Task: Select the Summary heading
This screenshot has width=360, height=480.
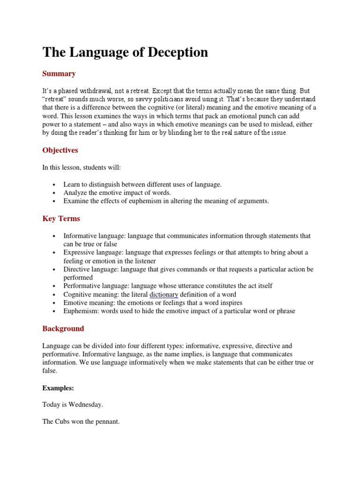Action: [59, 74]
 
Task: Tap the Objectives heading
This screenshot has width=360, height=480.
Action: [60, 150]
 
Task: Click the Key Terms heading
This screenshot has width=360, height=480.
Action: [61, 218]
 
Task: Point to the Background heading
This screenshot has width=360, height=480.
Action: [63, 329]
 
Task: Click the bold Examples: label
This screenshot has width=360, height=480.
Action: [59, 388]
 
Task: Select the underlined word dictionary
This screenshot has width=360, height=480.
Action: [164, 294]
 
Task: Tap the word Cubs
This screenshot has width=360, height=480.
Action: [64, 422]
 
